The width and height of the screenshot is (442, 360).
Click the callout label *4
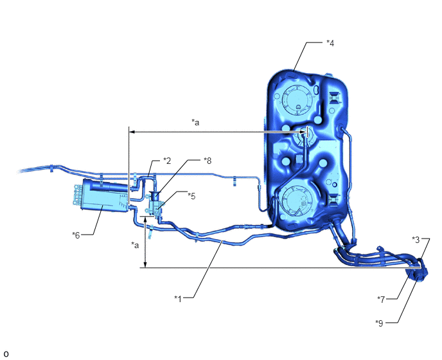[330, 43]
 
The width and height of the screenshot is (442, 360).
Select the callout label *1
[178, 298]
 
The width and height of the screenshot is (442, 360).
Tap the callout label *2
[167, 161]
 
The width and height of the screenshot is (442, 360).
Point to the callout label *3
[416, 240]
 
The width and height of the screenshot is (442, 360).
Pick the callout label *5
[191, 196]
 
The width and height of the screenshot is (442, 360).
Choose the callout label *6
[76, 235]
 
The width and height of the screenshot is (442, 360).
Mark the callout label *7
[381, 300]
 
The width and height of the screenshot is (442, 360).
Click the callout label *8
[208, 161]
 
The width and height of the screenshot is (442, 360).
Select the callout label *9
[379, 323]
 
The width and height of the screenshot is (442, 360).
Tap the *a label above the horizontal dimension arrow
[195, 122]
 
